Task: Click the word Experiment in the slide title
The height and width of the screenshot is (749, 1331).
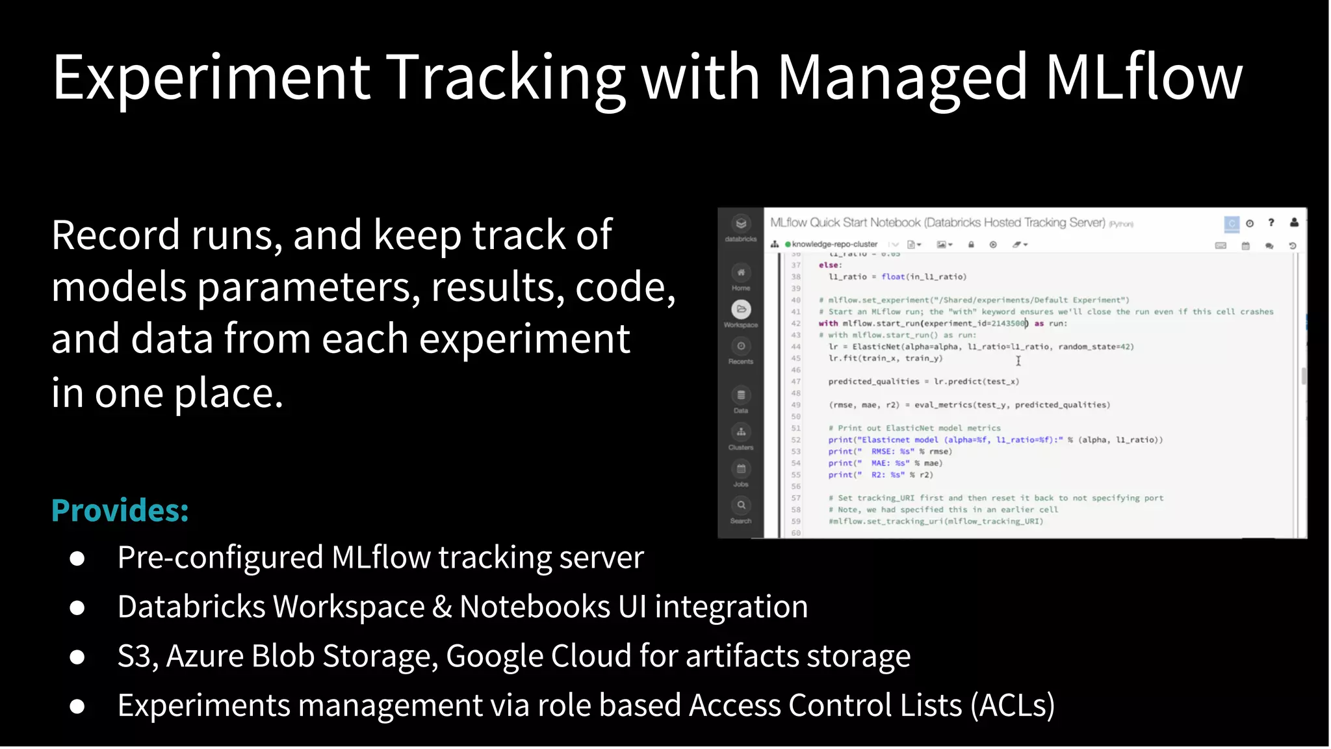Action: pyautogui.click(x=211, y=78)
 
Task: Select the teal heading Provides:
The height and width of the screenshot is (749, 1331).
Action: pyautogui.click(x=120, y=510)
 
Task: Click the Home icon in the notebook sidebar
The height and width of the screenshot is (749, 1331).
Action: pyautogui.click(x=741, y=273)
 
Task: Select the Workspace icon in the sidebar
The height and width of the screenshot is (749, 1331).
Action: pyautogui.click(x=741, y=309)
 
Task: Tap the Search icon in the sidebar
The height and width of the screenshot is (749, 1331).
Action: pyautogui.click(x=741, y=505)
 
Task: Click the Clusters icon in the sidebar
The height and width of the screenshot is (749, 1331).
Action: pyautogui.click(x=741, y=432)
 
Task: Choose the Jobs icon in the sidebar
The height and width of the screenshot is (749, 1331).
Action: pyautogui.click(x=741, y=469)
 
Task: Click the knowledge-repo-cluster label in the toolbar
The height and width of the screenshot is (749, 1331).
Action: pyautogui.click(x=834, y=244)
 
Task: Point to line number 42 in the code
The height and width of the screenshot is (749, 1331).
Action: pyautogui.click(x=796, y=323)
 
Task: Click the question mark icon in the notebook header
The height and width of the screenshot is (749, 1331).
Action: pyautogui.click(x=1271, y=223)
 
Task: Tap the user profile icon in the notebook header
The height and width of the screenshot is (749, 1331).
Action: pyautogui.click(x=1294, y=223)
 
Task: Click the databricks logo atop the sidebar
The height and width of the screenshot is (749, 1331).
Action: pyautogui.click(x=741, y=224)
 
